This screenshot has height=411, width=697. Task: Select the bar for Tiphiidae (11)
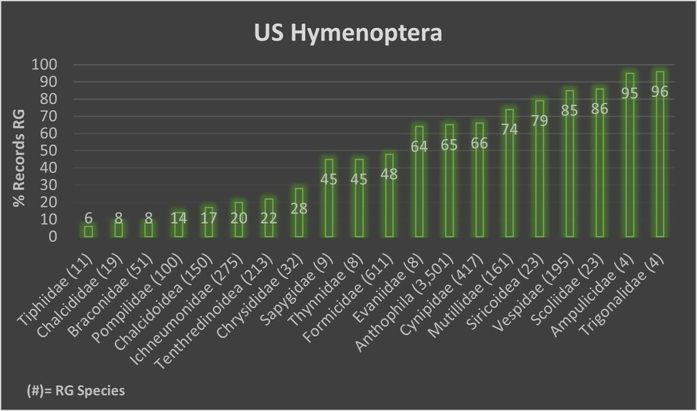tap(88, 231)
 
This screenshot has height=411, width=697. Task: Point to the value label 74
tap(509, 129)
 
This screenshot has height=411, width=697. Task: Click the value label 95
tap(630, 93)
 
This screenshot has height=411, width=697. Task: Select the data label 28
tap(299, 208)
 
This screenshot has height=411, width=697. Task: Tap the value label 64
tap(419, 146)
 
